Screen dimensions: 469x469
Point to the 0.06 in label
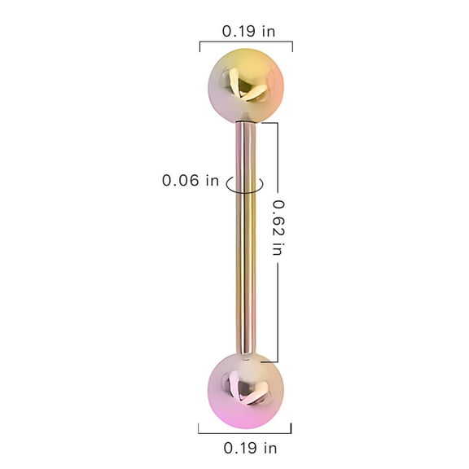click(x=191, y=181)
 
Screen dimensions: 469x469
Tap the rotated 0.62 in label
click(x=277, y=229)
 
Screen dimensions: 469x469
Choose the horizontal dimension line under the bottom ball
click(x=245, y=428)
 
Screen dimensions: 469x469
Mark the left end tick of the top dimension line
click(x=200, y=46)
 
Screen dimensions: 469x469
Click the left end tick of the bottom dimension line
click(x=199, y=428)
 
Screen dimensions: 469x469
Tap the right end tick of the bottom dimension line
click(x=291, y=428)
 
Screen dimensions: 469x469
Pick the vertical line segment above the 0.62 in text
click(x=278, y=159)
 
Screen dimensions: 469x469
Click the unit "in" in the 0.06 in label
click(x=212, y=181)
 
